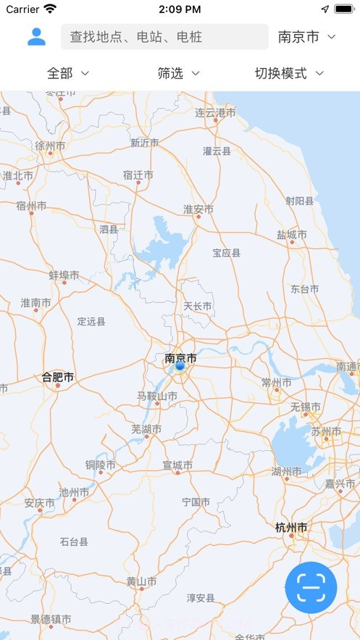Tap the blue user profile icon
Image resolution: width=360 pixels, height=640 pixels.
click(x=36, y=36)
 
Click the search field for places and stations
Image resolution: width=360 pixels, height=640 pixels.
click(x=165, y=37)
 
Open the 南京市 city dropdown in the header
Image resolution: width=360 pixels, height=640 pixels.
click(x=307, y=37)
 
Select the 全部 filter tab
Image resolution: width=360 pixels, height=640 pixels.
click(x=68, y=73)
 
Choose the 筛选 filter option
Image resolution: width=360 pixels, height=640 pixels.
click(x=178, y=73)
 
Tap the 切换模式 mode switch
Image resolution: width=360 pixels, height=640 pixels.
click(x=288, y=73)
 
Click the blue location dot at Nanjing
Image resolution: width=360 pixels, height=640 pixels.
click(x=180, y=366)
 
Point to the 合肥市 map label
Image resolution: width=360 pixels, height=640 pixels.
click(x=58, y=377)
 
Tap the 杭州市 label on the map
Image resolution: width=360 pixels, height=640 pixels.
click(x=292, y=527)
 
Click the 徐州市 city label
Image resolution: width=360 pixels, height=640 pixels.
click(x=50, y=146)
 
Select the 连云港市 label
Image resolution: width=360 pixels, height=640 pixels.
click(x=215, y=113)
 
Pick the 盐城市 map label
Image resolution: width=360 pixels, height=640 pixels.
click(x=291, y=235)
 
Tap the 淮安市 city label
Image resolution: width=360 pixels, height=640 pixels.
click(x=198, y=209)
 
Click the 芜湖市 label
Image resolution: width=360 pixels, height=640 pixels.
click(x=146, y=429)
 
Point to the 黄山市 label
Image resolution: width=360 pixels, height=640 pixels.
click(x=141, y=581)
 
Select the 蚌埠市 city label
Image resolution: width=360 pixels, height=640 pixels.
click(x=64, y=275)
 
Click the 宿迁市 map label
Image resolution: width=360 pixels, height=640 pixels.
click(x=138, y=175)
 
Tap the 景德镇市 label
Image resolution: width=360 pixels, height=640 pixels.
click(x=51, y=620)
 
